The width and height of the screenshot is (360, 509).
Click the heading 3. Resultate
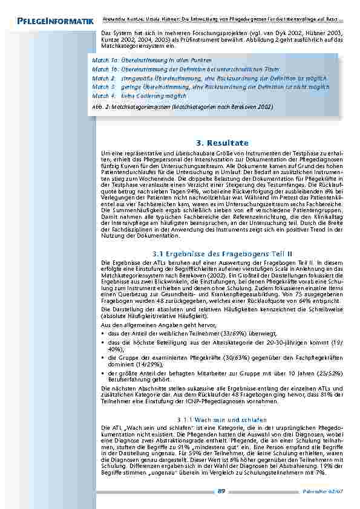[222, 143]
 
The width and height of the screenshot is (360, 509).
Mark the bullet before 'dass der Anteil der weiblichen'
[103, 332]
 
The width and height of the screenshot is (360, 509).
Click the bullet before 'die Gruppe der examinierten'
[103, 358]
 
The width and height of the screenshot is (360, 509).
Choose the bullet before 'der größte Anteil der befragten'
[103, 374]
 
